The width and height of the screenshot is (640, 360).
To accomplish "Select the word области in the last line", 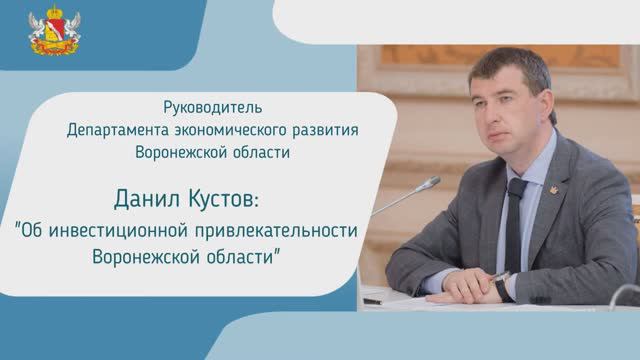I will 247,257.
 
